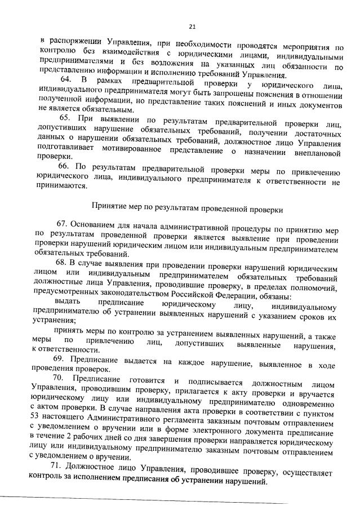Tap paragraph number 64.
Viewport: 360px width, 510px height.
coord(67,82)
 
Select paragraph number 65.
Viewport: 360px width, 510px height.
coord(66,117)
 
